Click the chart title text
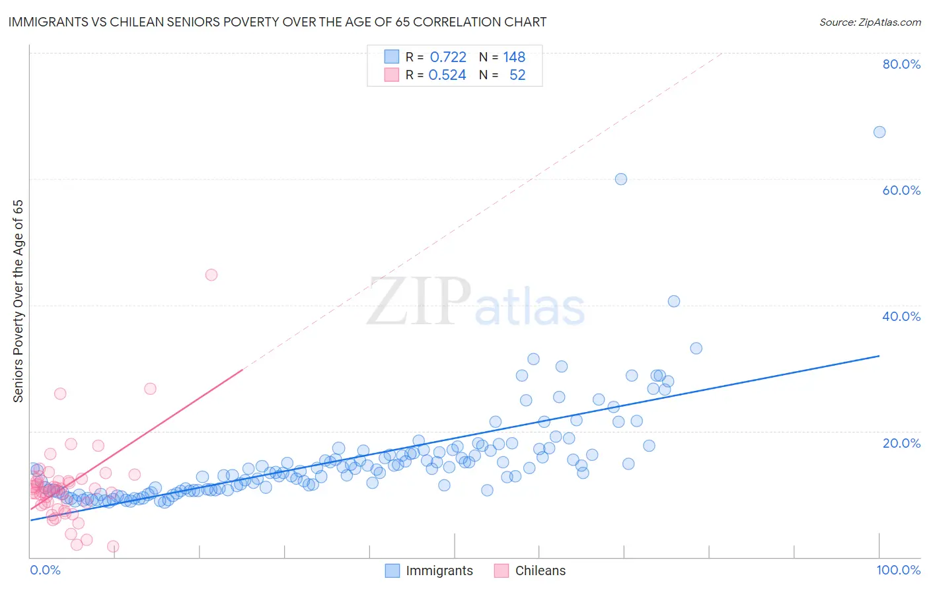(x=277, y=22)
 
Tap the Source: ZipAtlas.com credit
(x=870, y=22)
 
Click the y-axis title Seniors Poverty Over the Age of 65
(x=18, y=301)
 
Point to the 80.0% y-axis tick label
(x=901, y=64)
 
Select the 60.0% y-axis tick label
(x=901, y=190)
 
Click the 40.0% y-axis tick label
(x=901, y=316)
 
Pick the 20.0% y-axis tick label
(x=901, y=443)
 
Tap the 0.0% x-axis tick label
(x=45, y=570)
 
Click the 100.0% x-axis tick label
(x=899, y=570)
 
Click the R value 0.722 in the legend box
(x=448, y=57)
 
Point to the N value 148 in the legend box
(x=514, y=57)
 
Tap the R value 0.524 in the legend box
(x=447, y=75)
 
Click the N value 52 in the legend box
(x=517, y=75)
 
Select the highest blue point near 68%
(x=879, y=132)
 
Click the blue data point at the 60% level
(x=621, y=179)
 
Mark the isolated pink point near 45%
(x=211, y=275)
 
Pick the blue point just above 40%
(x=674, y=301)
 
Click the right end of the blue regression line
(x=879, y=356)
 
